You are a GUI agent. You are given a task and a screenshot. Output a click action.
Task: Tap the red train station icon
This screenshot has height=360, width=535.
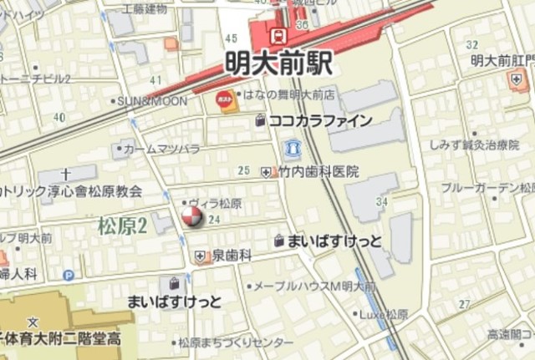click(x=278, y=34)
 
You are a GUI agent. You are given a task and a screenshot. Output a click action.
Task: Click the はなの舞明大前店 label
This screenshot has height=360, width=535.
click(x=288, y=94)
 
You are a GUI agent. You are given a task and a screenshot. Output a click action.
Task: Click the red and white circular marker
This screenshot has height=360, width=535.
click(x=191, y=218)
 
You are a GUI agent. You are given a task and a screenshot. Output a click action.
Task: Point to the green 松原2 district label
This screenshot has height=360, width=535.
click(x=122, y=225)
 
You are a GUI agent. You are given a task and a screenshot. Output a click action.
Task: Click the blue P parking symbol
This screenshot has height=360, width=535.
click(x=69, y=275)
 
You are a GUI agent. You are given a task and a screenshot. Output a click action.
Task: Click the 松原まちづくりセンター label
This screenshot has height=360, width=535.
click(x=235, y=342)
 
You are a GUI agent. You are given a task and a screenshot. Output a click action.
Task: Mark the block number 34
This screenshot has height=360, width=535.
click(x=383, y=202)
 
